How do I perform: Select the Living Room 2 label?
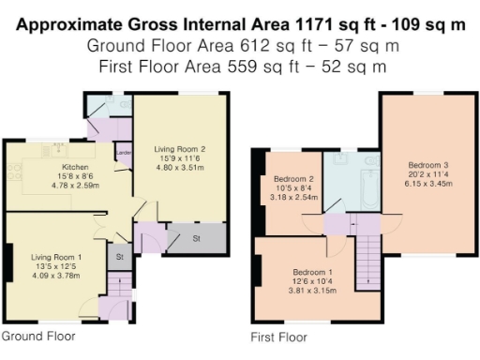click(179, 149)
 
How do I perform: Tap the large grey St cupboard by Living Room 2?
click(197, 239)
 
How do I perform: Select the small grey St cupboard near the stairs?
click(120, 256)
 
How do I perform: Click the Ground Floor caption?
click(38, 336)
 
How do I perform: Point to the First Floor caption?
click(279, 337)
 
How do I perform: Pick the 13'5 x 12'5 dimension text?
click(55, 266)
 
